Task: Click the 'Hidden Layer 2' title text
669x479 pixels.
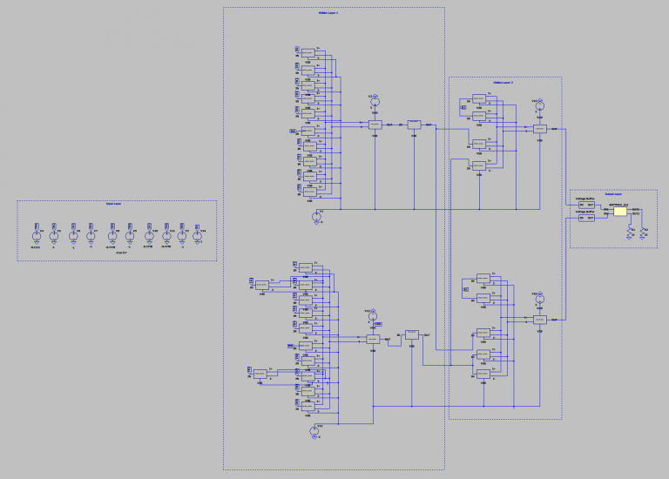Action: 503,82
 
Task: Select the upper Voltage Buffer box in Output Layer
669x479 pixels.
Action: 586,206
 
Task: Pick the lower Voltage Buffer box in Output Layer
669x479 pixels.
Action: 586,219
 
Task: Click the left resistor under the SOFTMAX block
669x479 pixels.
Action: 632,232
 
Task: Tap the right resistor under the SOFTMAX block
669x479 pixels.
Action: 643,232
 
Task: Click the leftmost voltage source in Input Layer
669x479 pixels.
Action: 36,236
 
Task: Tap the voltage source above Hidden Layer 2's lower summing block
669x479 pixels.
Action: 539,300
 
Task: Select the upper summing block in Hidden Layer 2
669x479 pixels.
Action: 540,129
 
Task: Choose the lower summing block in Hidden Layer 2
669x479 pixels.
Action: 540,320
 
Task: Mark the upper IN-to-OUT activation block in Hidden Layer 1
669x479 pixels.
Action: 414,125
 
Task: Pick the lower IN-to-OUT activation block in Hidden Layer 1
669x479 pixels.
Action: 412,334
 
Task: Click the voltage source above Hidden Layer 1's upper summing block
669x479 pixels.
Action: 375,101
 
